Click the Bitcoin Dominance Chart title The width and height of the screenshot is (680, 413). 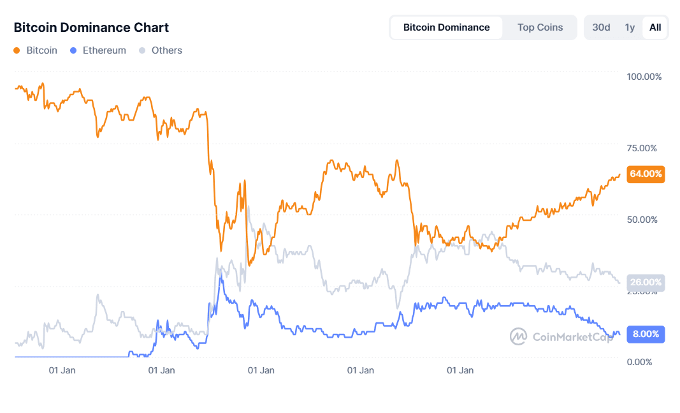[91, 27]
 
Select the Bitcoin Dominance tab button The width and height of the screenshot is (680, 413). [446, 27]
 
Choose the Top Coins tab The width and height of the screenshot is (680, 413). [540, 27]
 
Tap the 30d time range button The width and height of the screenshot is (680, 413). [601, 27]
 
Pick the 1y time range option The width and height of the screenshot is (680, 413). [630, 27]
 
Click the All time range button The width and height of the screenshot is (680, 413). [655, 27]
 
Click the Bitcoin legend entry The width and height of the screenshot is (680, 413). [41, 50]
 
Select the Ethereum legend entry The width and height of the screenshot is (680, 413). [104, 50]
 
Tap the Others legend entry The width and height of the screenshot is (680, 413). [166, 50]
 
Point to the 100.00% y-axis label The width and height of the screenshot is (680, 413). [644, 77]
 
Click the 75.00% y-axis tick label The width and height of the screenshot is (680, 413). [642, 148]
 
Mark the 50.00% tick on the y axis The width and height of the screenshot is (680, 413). [642, 220]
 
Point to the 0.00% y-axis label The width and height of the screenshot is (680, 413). [639, 362]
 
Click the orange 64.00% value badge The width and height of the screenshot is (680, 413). [646, 174]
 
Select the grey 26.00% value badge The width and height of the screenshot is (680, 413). [646, 282]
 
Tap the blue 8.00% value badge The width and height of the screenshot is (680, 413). [646, 334]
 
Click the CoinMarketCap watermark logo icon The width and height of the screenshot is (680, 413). [519, 336]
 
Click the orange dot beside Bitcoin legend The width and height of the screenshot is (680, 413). [17, 50]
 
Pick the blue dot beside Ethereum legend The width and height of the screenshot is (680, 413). [73, 50]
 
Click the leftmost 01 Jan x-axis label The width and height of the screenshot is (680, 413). [62, 370]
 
